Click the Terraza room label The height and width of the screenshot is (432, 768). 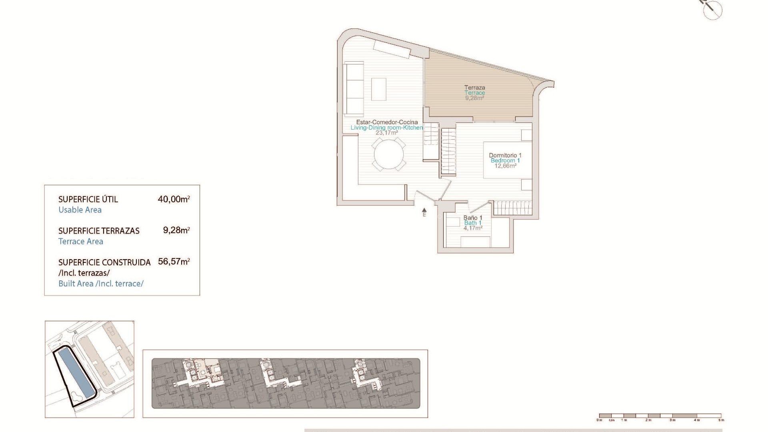pos(474,87)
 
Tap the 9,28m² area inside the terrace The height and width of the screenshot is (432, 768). pos(474,98)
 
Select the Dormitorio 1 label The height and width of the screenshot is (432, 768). pos(505,155)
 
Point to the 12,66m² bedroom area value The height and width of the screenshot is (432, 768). pos(505,166)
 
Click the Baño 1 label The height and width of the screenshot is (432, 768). pos(473,218)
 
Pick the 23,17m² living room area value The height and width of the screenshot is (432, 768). pos(386,133)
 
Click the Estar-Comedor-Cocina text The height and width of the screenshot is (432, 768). pos(387,122)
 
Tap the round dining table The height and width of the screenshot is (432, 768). pos(389,154)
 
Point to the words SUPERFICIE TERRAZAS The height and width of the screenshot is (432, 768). pos(99,231)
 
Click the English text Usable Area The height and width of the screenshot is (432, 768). pos(80,210)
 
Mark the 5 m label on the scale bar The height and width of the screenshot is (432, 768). pos(721,420)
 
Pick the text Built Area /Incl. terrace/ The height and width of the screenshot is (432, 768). pos(101,284)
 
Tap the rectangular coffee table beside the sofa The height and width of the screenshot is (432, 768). pos(378,89)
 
